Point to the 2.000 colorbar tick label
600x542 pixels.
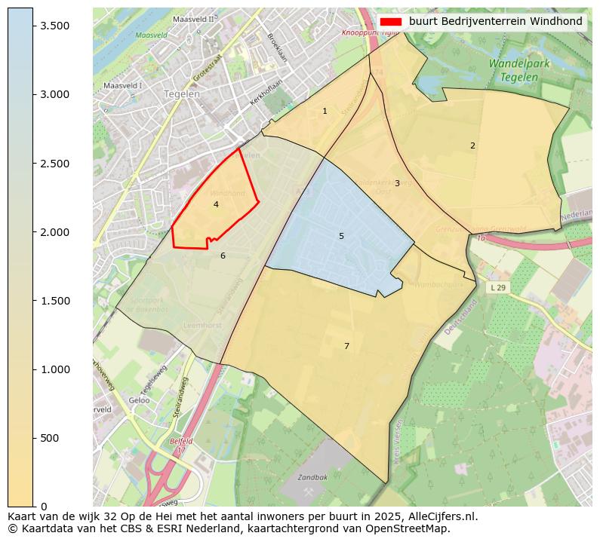(54, 232)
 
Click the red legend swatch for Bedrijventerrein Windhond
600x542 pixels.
(390, 22)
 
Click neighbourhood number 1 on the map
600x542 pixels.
(325, 111)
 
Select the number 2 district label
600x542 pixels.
(472, 145)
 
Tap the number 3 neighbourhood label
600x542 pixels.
(397, 183)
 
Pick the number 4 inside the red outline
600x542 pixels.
(216, 204)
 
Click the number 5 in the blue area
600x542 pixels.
(341, 236)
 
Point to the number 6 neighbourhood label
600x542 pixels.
(223, 256)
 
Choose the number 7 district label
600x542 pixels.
(346, 346)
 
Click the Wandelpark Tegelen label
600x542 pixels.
(518, 70)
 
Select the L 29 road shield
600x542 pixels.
(497, 288)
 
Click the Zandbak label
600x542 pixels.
(312, 478)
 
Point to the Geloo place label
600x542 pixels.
(139, 400)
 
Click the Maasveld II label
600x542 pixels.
(193, 19)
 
